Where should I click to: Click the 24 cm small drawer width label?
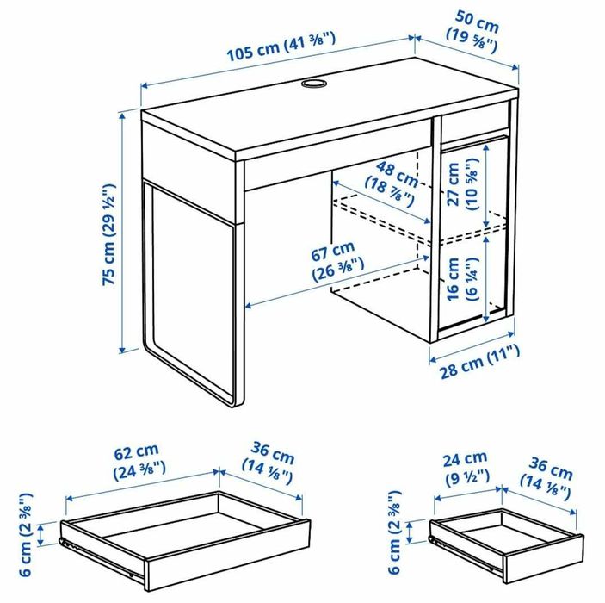[x=466, y=467]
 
